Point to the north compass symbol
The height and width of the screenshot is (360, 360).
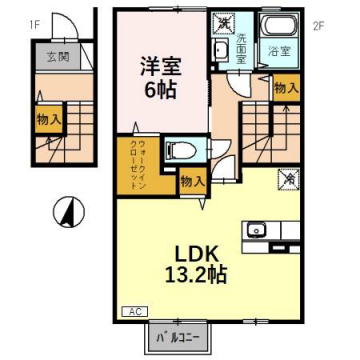(x=64, y=213)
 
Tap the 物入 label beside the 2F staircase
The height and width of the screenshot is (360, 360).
(x=286, y=88)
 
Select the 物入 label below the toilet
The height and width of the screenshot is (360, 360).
(x=193, y=181)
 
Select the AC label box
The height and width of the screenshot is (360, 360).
(x=132, y=313)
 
